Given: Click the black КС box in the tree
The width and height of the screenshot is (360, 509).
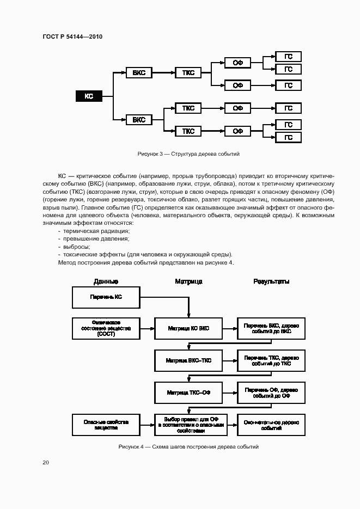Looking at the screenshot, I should [x=89, y=96].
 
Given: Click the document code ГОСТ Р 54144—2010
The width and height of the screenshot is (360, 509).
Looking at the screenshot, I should [x=72, y=37].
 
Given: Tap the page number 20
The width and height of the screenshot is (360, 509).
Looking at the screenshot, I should [x=46, y=463].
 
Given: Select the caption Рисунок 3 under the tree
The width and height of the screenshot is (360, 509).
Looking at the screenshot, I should [x=189, y=154].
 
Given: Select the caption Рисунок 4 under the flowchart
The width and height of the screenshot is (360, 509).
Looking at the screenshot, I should [x=188, y=446].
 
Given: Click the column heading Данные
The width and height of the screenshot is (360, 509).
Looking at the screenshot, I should [x=106, y=281].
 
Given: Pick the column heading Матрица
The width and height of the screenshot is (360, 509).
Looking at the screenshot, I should [x=188, y=281].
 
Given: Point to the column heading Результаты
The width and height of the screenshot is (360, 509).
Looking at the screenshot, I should [x=271, y=281].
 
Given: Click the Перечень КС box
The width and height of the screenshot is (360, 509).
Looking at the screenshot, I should [x=106, y=297].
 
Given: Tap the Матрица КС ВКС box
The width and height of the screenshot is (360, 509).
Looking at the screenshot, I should [x=188, y=329].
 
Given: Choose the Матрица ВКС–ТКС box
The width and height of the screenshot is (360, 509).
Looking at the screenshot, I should [x=188, y=360].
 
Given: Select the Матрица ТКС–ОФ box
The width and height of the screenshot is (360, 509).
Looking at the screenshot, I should [x=188, y=392].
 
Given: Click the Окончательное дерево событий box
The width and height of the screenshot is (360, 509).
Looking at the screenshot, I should [x=271, y=425].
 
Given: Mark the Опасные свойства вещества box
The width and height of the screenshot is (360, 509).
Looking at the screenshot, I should [x=106, y=425].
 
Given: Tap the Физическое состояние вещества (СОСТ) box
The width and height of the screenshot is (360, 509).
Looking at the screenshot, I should [x=106, y=329].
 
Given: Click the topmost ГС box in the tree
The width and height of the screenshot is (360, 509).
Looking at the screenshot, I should [x=288, y=57].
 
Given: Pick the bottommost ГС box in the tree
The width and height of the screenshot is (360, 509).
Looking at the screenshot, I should [x=288, y=138].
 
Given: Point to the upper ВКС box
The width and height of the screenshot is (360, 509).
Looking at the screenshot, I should [x=139, y=72].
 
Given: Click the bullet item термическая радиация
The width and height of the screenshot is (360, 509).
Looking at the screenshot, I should [x=95, y=231].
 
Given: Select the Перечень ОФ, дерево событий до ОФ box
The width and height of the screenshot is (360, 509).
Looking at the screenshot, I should [x=271, y=392].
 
